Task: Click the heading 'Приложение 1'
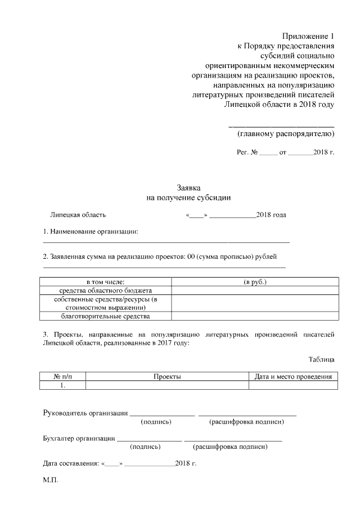pyautogui.click(x=308, y=35)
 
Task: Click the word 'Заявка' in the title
pyautogui.click(x=188, y=188)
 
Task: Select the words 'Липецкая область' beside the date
pyautogui.click(x=78, y=215)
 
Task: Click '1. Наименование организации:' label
pyautogui.click(x=91, y=232)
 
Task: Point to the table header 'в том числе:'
pyautogui.click(x=105, y=281)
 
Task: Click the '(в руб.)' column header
pyautogui.click(x=255, y=281)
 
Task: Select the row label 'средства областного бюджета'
pyautogui.click(x=106, y=290)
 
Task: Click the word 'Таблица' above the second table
pyautogui.click(x=321, y=359)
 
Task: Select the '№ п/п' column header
pyautogui.click(x=63, y=376)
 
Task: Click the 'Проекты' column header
pyautogui.click(x=167, y=376)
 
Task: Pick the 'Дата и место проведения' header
pyautogui.click(x=293, y=376)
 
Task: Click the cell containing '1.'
pyautogui.click(x=63, y=385)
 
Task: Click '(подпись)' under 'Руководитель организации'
pyautogui.click(x=156, y=421)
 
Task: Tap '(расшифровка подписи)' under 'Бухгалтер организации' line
pyautogui.click(x=230, y=447)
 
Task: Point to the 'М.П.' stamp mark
pyautogui.click(x=51, y=481)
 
